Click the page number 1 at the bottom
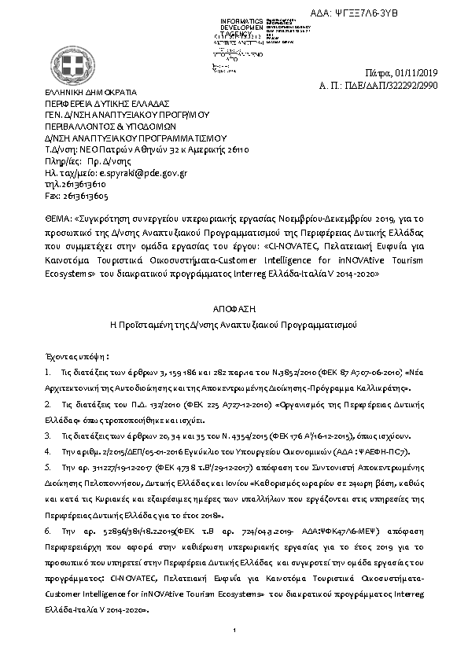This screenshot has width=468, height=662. (234, 631)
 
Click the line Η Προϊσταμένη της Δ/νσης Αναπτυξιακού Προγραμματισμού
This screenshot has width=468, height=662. (234, 324)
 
